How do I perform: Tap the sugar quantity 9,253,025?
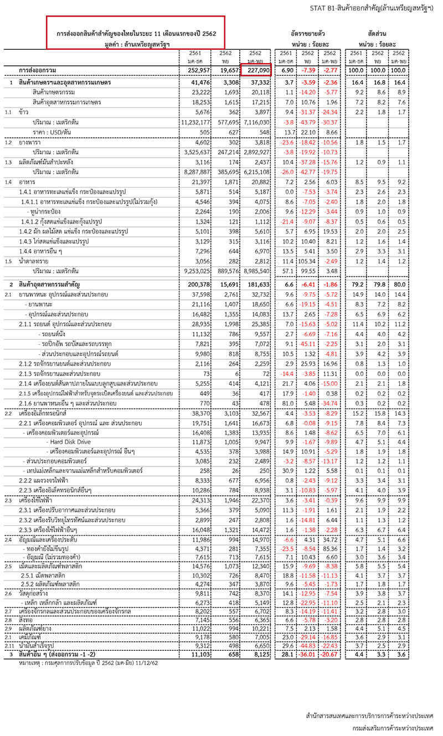tap(194, 272)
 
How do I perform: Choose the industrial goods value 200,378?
tap(197, 284)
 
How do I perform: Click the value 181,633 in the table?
tap(259, 284)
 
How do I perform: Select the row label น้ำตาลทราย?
tap(34, 262)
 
